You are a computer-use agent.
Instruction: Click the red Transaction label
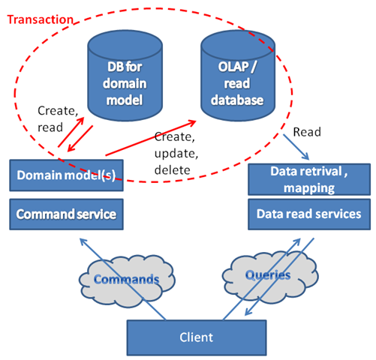41,19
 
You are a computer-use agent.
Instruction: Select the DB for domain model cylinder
125,76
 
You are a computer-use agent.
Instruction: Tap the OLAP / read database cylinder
238,76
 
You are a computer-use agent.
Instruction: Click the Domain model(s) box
66,175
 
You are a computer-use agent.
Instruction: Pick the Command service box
66,214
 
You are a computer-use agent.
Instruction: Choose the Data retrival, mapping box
309,179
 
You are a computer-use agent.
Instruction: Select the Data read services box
309,214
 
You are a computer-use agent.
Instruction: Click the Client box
197,337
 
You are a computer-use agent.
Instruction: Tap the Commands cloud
127,279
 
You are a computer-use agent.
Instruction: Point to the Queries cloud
270,275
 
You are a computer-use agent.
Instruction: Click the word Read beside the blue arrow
307,132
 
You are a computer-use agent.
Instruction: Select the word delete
173,170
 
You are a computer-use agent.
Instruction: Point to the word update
176,154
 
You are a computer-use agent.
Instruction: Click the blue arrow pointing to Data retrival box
296,147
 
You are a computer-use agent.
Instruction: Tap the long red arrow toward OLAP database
151,138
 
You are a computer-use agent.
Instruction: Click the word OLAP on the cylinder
233,67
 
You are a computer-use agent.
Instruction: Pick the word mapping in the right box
309,188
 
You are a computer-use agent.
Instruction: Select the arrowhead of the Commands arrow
83,242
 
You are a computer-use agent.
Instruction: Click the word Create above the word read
58,111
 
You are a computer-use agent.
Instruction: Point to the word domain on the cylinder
125,83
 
